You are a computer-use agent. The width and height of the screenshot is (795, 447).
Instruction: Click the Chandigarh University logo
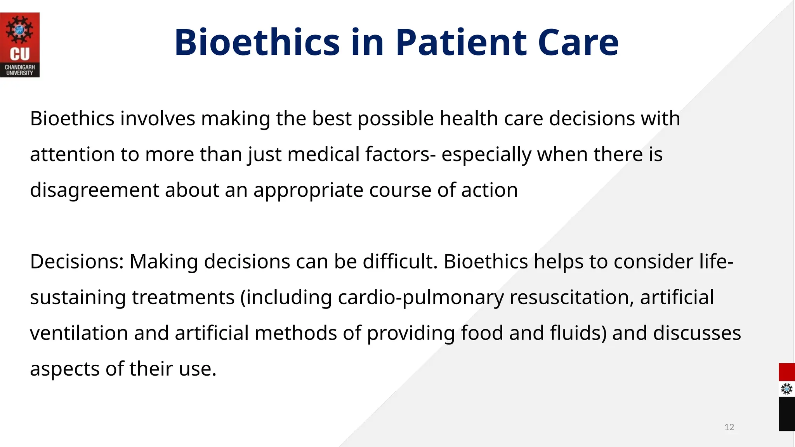point(20,45)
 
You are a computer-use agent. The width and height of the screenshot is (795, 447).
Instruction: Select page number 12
point(729,427)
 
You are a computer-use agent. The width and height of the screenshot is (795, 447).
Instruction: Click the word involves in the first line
point(158,118)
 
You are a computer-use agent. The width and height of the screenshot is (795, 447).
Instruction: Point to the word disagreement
point(94,191)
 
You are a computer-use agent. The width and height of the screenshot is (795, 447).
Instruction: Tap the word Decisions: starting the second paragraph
point(76,262)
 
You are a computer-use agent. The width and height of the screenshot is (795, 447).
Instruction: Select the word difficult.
point(400,262)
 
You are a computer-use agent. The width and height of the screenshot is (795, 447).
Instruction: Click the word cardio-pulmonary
point(420,298)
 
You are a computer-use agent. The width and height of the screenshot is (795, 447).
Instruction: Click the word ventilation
point(79,333)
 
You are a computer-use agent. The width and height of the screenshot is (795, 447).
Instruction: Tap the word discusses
point(697,333)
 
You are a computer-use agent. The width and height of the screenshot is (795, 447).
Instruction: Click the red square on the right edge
point(786,372)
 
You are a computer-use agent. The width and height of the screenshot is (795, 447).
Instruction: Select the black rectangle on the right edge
point(786,414)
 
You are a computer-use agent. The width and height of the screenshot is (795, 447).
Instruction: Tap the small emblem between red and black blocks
point(786,389)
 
